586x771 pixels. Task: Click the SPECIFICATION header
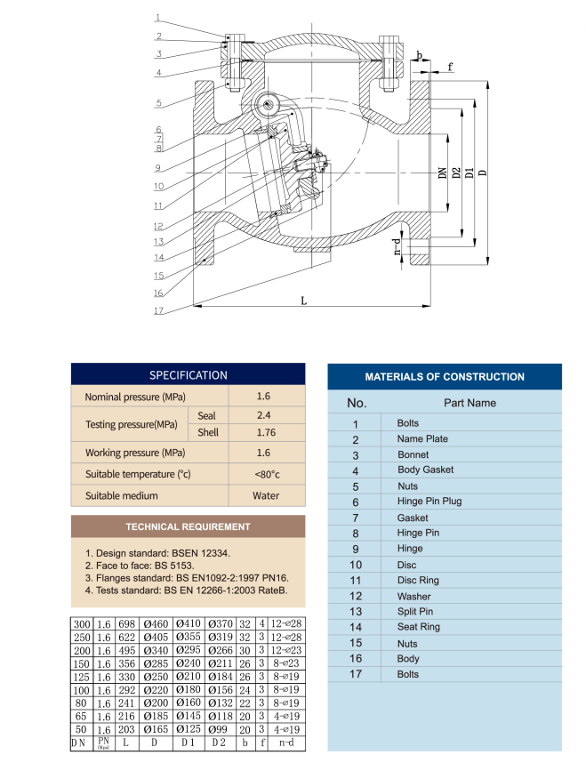coord(188,375)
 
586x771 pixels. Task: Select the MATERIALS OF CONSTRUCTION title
coord(445,377)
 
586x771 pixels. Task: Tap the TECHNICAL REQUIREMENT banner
coord(188,526)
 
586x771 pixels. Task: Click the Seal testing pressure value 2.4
coord(264,415)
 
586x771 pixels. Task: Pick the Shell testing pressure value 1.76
coord(264,433)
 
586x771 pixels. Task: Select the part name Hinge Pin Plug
coord(429,502)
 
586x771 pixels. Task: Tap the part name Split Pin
coord(415,612)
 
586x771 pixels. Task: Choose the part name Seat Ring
coord(418,628)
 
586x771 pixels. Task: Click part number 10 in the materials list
coord(356,565)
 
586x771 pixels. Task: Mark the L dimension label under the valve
coord(303,301)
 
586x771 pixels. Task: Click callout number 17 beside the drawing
coord(157,311)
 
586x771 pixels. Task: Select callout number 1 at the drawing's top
coord(157,18)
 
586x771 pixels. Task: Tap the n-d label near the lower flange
coord(397,245)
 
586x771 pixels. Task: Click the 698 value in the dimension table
coord(126,626)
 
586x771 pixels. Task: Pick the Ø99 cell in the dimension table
coord(219,729)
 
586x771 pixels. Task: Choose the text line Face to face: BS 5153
coord(139,565)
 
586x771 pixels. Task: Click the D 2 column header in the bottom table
coord(219,743)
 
